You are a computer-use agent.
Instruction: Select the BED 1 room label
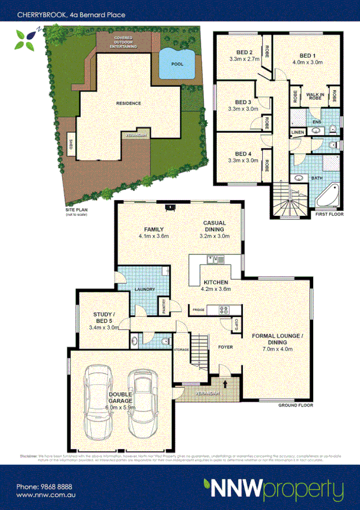point(307,56)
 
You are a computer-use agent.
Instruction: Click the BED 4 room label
point(243,153)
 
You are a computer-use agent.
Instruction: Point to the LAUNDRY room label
point(146,290)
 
